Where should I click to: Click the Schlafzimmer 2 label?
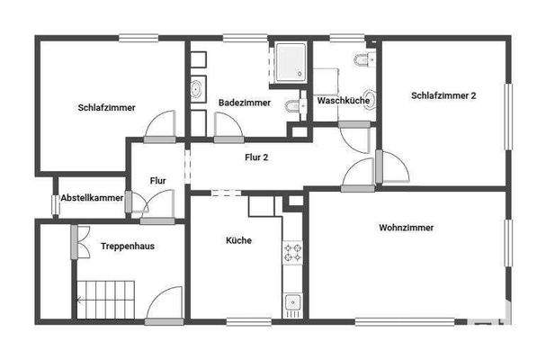pyautogui.click(x=443, y=95)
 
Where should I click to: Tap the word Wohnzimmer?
pyautogui.click(x=407, y=228)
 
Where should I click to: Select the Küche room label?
pyautogui.click(x=238, y=240)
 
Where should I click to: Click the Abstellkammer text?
pyautogui.click(x=92, y=197)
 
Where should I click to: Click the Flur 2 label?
pyautogui.click(x=257, y=157)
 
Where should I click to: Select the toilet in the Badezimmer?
pyautogui.click(x=293, y=108)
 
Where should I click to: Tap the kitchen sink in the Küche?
pyautogui.click(x=291, y=302)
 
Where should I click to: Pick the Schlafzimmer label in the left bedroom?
pyautogui.click(x=106, y=108)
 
